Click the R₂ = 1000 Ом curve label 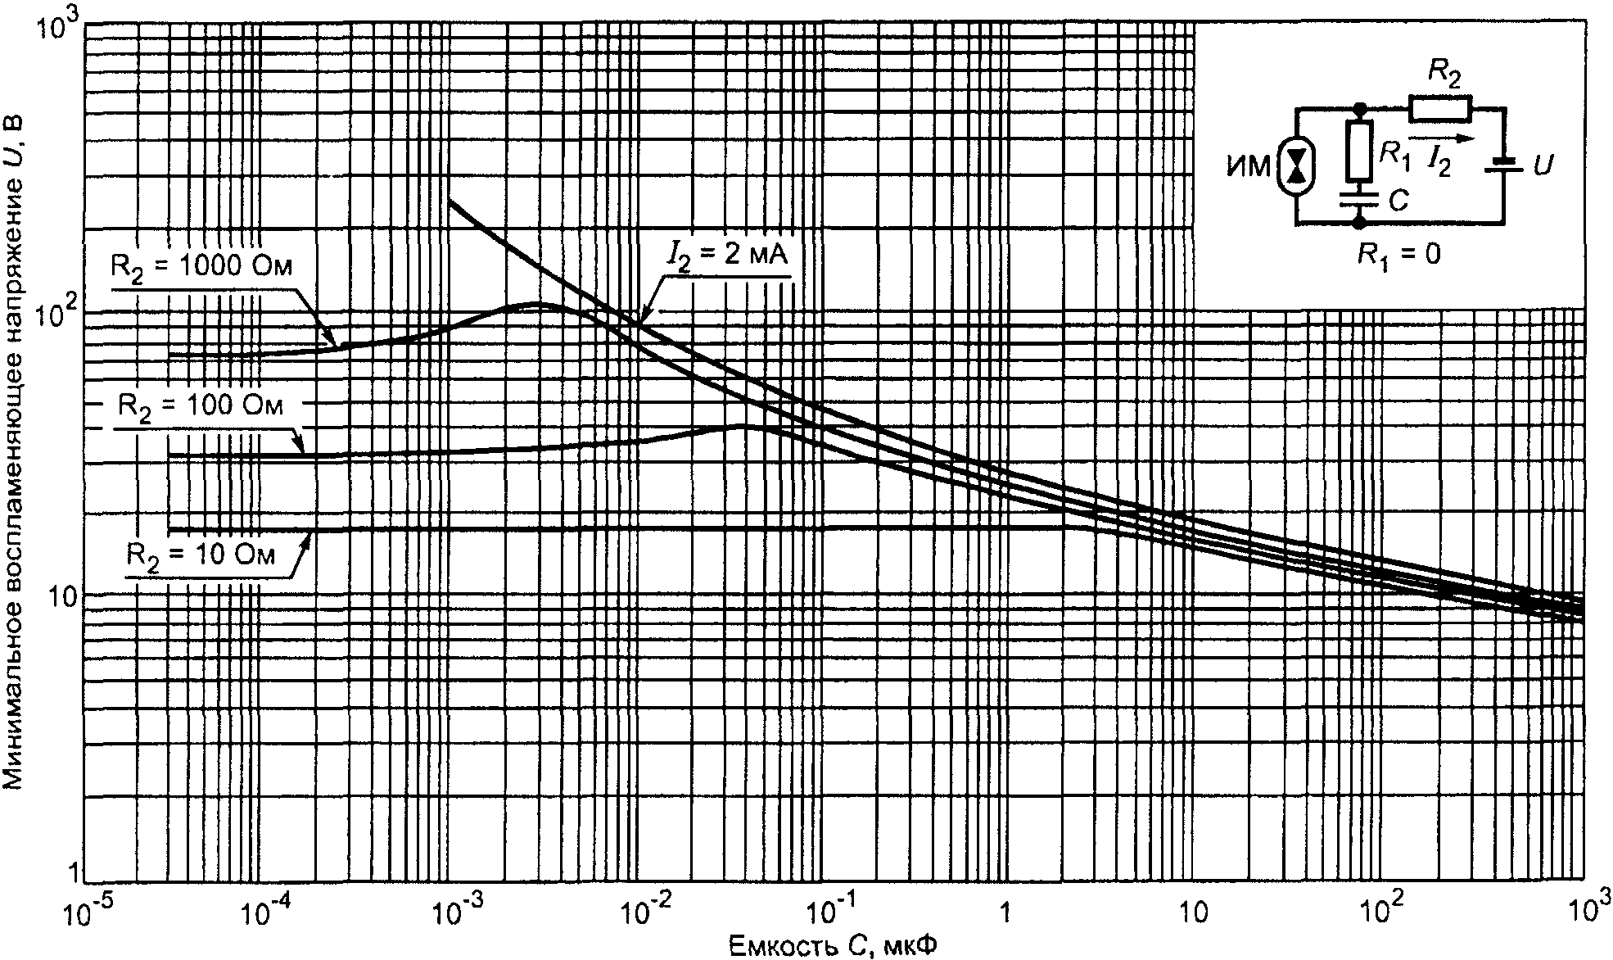pos(201,268)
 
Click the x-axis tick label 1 pos(1006,910)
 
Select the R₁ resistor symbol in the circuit pos(1358,151)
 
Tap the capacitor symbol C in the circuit pos(1359,198)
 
